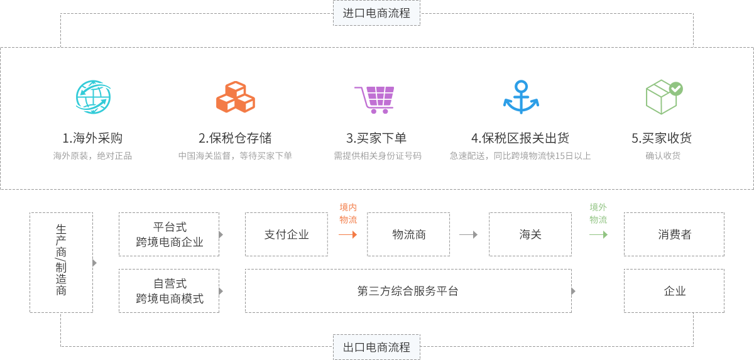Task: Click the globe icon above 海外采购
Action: [93, 97]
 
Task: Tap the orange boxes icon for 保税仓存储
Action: [235, 97]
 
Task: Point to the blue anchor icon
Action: [521, 97]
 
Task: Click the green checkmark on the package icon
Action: [675, 89]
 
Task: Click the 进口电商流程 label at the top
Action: [376, 13]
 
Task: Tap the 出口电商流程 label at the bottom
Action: [376, 347]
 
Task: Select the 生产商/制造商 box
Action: [61, 263]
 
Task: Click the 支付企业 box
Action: [287, 234]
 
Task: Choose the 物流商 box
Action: [408, 234]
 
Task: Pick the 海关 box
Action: [530, 234]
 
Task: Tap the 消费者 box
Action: [674, 234]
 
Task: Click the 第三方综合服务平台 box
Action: [408, 291]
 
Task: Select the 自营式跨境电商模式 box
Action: [169, 291]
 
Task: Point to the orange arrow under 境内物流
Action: [348, 235]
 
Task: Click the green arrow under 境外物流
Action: [599, 235]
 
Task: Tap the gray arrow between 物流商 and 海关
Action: [469, 235]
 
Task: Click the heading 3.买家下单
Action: [376, 138]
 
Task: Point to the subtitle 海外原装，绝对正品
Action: [92, 156]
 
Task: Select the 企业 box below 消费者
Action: [674, 291]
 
